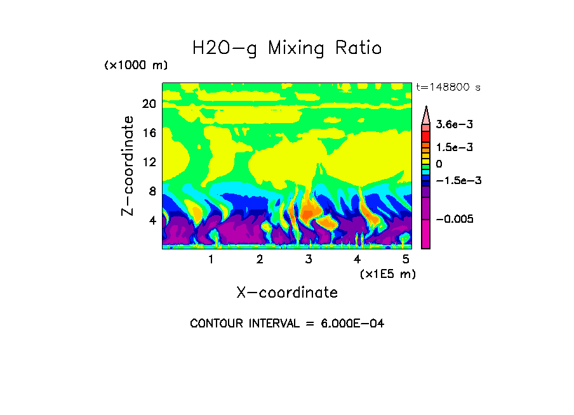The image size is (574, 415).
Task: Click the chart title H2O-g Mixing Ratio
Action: coord(287,48)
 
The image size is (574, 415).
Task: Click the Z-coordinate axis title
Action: coord(128,166)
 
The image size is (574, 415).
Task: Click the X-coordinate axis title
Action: coord(287,293)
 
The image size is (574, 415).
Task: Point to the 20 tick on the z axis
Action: coord(149,104)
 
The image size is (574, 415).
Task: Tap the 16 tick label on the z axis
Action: coord(149,133)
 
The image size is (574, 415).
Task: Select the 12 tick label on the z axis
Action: coord(149,162)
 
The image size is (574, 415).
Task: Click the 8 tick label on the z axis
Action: coord(152,192)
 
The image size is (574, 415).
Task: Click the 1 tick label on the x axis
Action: coord(211,260)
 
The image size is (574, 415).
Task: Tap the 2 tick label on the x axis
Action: coord(260,260)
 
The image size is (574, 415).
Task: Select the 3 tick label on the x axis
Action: coord(309,260)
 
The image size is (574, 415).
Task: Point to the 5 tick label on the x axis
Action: coord(406,260)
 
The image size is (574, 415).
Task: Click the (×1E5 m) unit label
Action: coord(387,273)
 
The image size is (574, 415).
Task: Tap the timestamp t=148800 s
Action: coord(448,88)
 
